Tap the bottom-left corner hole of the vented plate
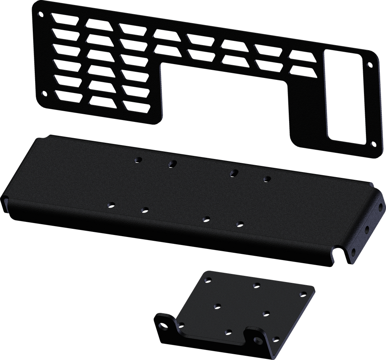[45, 93]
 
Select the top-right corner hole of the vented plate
[371, 65]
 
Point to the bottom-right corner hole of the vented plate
[373, 144]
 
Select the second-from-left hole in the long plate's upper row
[171, 164]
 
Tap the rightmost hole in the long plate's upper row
[267, 179]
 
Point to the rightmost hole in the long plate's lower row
[240, 224]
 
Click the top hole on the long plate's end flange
[381, 208]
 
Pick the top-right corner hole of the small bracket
[303, 295]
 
